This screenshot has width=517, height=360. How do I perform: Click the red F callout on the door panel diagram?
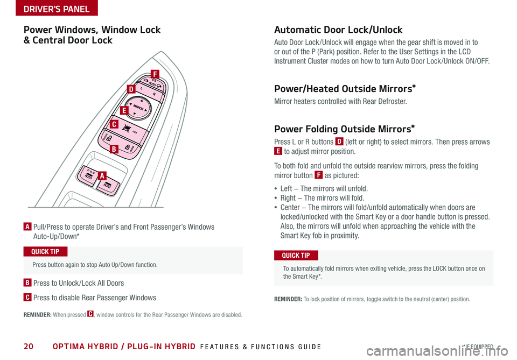coord(155,74)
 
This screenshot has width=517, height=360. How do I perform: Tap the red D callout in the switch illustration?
coord(131,89)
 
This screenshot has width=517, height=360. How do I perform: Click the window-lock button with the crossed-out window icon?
coord(128,128)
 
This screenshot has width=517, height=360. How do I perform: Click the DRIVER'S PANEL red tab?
coord(49,8)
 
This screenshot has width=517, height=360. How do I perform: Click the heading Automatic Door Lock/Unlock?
coord(338,30)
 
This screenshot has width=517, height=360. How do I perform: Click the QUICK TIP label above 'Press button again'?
coord(46,252)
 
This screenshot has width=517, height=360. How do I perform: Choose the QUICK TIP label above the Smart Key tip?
coord(296,255)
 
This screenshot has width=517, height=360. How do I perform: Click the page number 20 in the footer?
coord(28,347)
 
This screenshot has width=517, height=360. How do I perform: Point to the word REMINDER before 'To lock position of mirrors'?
coord(291,299)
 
